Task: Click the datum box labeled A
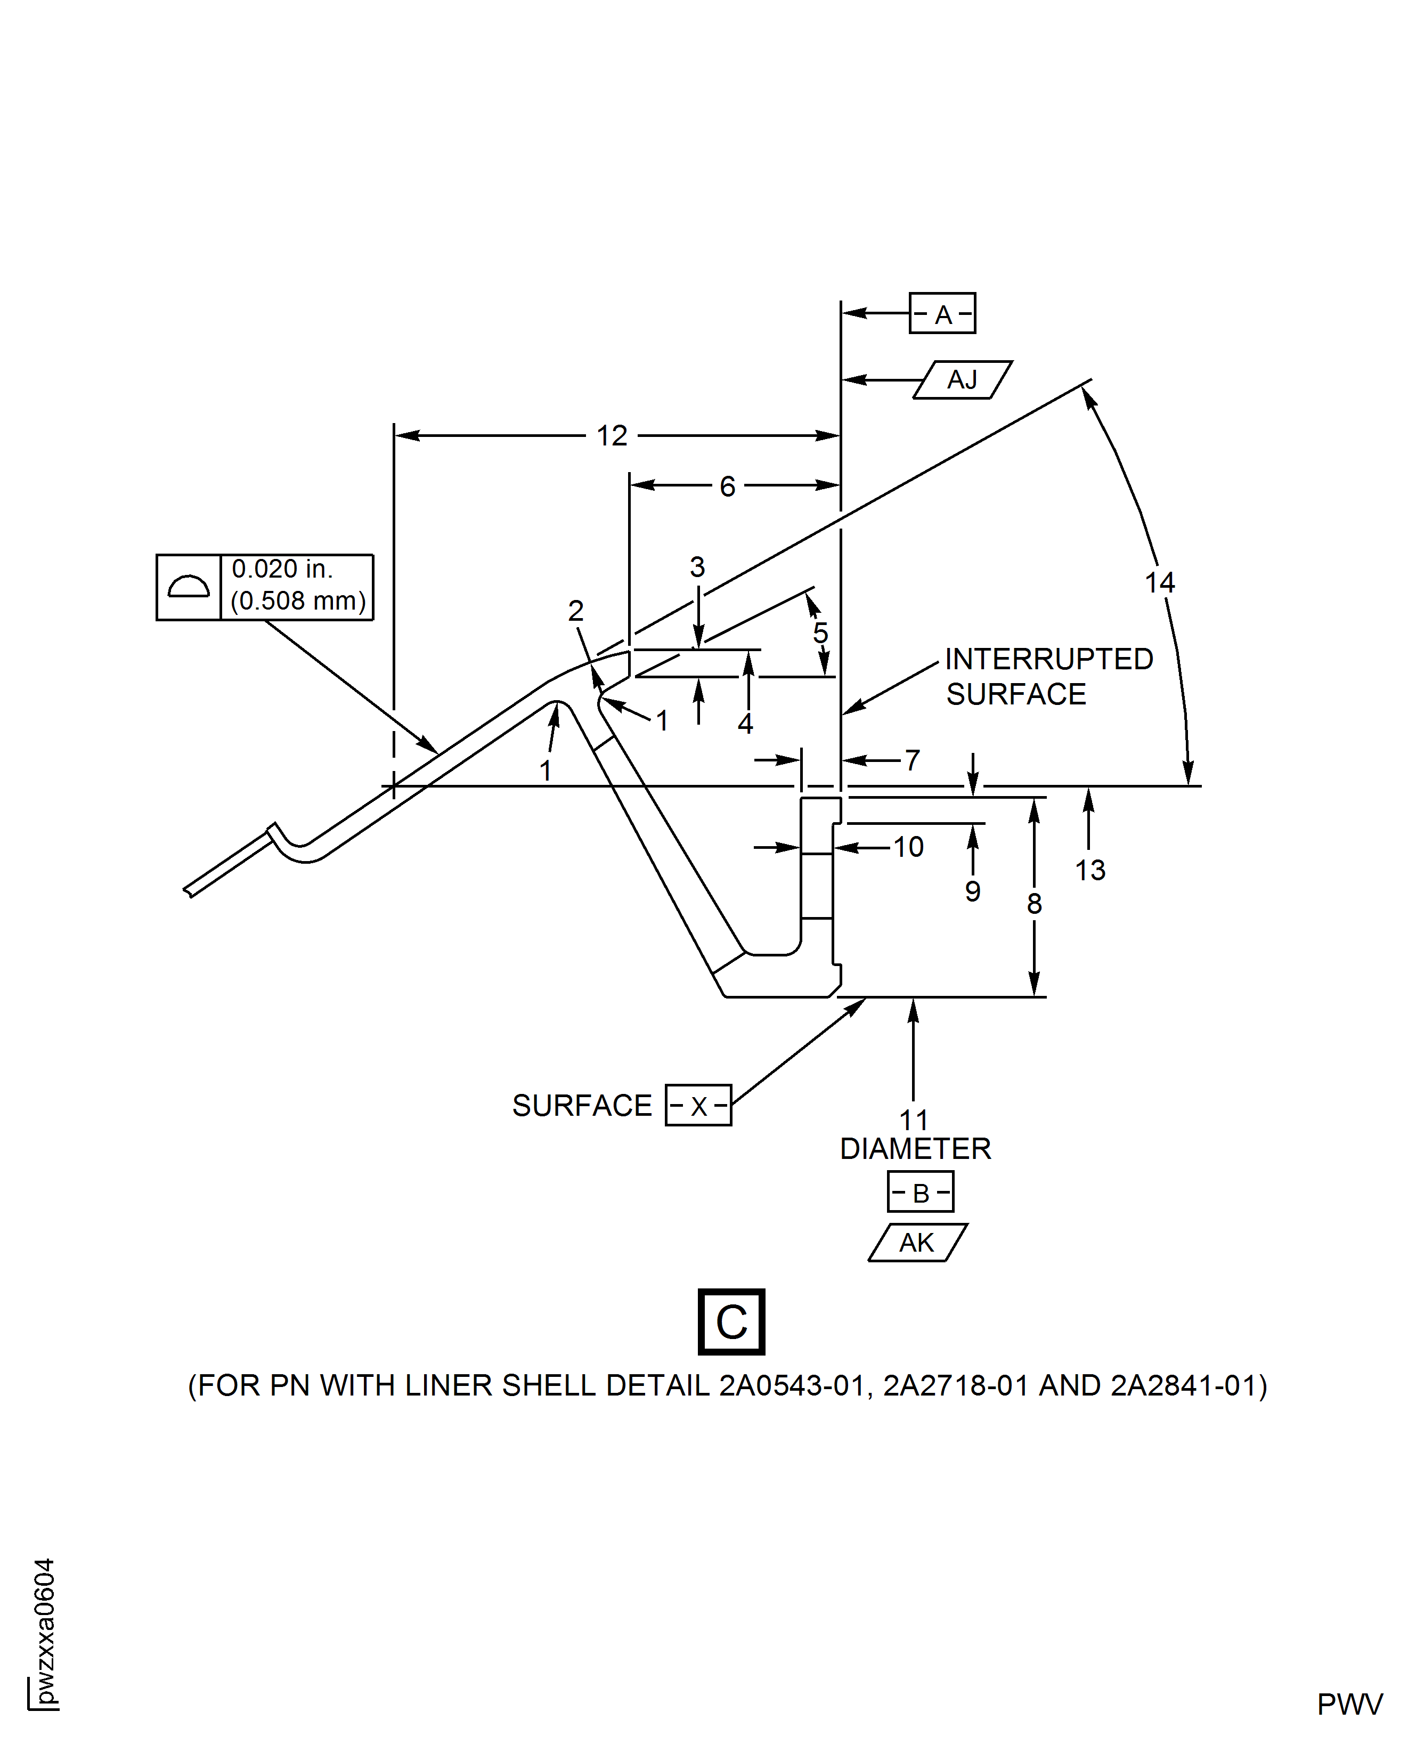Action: [942, 314]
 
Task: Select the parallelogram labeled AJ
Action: [962, 379]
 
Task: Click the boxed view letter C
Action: [731, 1322]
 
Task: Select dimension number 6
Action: [728, 486]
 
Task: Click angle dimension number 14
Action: [1160, 582]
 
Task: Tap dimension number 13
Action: [1090, 870]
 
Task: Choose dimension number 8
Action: [1034, 904]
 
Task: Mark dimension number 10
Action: [908, 847]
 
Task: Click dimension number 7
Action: [913, 760]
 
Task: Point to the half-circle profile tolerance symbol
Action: [188, 587]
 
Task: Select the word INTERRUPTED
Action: [1049, 659]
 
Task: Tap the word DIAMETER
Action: [915, 1149]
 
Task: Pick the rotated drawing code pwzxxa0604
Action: [45, 1631]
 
